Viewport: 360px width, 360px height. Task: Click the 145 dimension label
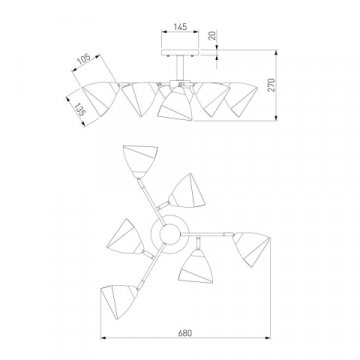tap(180, 27)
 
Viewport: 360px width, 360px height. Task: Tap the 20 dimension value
tap(212, 35)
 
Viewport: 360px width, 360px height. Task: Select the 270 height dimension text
tap(271, 85)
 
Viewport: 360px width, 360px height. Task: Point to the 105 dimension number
tap(84, 60)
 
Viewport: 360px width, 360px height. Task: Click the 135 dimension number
tap(79, 109)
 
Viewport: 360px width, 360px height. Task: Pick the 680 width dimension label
tap(185, 333)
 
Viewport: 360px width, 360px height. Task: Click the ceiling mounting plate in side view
tap(180, 53)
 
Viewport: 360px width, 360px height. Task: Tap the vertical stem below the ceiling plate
tap(180, 68)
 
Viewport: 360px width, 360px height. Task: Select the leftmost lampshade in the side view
tap(100, 98)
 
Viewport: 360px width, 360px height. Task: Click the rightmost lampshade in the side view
tap(242, 99)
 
